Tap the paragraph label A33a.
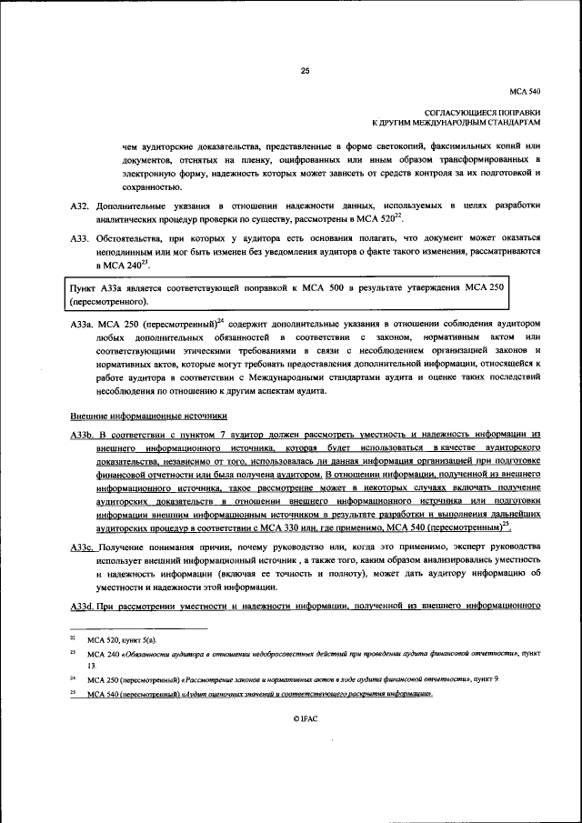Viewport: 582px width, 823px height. click(x=82, y=324)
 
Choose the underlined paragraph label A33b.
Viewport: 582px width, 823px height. click(x=82, y=436)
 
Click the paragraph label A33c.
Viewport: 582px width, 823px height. click(x=82, y=546)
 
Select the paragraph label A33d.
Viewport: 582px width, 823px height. click(x=82, y=606)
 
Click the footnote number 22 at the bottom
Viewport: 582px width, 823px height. click(x=73, y=640)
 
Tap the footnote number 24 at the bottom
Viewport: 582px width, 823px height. click(x=73, y=678)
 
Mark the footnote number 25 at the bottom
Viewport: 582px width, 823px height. click(x=73, y=694)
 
